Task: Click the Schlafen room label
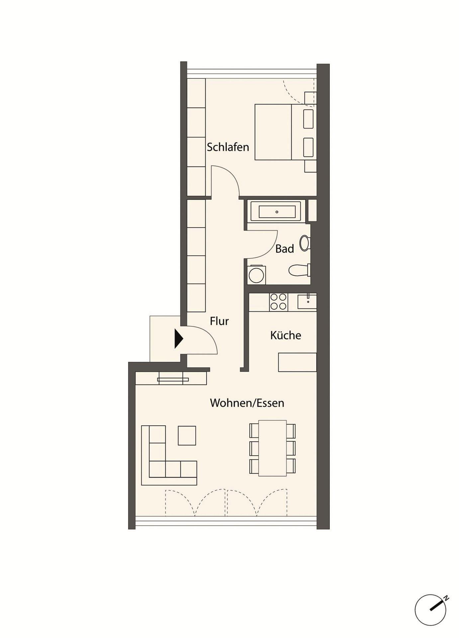(x=228, y=147)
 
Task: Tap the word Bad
(x=285, y=249)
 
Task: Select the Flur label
(x=219, y=321)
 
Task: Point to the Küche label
(x=286, y=335)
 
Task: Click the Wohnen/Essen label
(x=247, y=403)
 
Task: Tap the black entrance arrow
(x=179, y=339)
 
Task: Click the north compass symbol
(x=431, y=610)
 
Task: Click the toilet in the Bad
(x=300, y=270)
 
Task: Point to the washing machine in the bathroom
(x=256, y=275)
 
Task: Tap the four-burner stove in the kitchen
(x=278, y=302)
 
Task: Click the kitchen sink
(x=307, y=302)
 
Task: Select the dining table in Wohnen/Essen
(x=272, y=448)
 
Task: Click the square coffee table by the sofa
(x=187, y=436)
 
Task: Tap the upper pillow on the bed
(x=308, y=119)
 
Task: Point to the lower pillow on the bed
(x=308, y=147)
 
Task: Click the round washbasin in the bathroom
(x=304, y=243)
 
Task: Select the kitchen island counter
(x=297, y=362)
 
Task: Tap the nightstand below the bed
(x=311, y=166)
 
